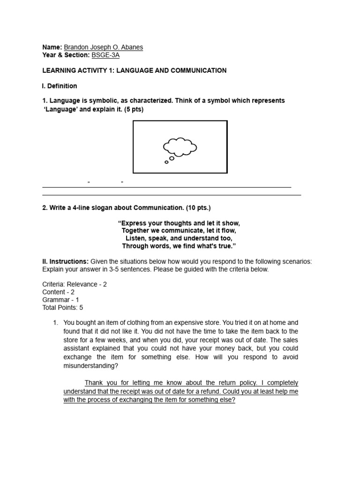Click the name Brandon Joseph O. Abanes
[103, 47]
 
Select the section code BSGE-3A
[105, 55]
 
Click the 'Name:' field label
[52, 47]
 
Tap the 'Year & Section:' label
[66, 55]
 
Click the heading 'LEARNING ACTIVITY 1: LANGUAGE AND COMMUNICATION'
[135, 70]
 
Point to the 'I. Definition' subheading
[60, 86]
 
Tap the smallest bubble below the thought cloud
[166, 162]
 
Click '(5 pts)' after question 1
[132, 109]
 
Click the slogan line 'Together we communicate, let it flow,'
[179, 231]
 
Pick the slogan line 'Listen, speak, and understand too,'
[179, 238]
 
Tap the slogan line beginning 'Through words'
[179, 246]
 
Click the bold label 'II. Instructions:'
[65, 261]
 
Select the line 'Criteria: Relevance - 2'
[75, 285]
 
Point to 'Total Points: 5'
[63, 307]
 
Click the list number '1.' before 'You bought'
[55, 323]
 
